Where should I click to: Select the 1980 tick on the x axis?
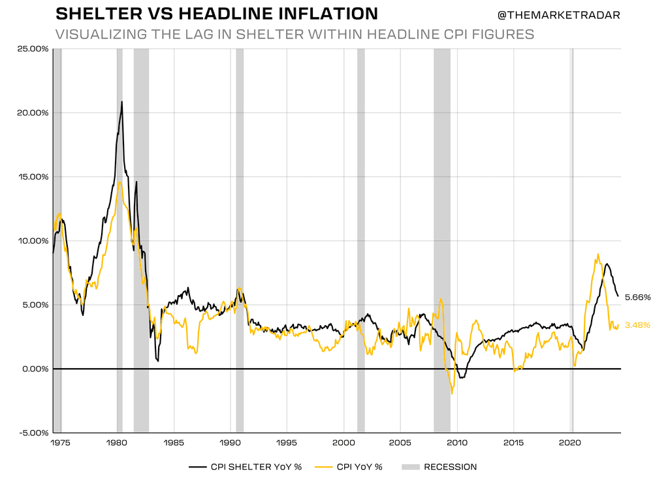point(116,443)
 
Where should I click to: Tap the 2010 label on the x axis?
point(457,443)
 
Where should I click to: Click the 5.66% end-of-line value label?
point(637,297)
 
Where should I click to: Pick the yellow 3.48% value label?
point(637,325)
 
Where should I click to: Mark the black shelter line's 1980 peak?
point(122,102)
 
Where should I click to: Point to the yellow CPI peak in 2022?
point(598,255)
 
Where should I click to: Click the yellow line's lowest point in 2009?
point(452,393)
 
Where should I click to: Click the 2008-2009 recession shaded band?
point(442,196)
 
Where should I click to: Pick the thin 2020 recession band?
point(573,196)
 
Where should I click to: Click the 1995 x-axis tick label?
point(287,443)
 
